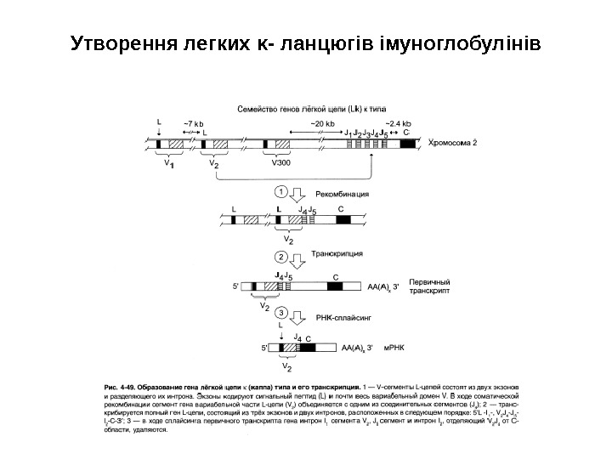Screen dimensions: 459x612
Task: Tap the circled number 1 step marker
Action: (x=280, y=193)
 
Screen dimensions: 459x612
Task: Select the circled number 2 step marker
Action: (x=280, y=257)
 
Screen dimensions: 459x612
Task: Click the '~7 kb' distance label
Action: (x=194, y=124)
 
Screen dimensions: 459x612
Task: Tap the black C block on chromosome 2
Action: (x=406, y=144)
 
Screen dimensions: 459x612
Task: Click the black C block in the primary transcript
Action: (x=336, y=287)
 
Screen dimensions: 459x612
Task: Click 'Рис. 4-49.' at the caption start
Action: (x=121, y=387)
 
